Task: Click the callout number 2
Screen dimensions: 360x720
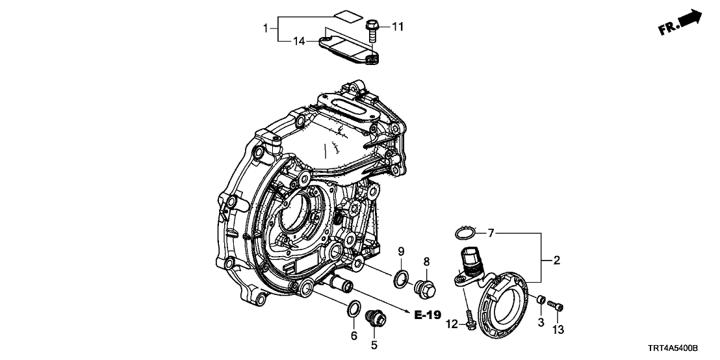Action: [x=556, y=261]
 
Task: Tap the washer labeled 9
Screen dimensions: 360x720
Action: [x=402, y=279]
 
